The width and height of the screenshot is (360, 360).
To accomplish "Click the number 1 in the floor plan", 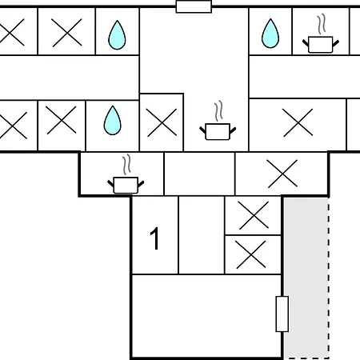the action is click(x=154, y=238).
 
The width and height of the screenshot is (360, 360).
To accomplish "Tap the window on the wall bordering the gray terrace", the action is click(x=282, y=314).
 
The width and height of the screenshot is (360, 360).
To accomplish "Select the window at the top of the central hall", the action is click(x=194, y=6).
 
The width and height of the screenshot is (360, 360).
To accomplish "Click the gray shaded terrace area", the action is click(x=306, y=278).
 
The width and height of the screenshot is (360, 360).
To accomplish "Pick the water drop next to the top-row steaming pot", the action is click(x=270, y=34).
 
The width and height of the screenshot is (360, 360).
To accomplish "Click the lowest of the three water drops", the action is click(x=112, y=120).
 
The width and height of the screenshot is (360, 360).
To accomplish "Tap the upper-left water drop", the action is click(x=117, y=34).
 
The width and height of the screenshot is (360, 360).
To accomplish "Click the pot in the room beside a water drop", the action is click(x=320, y=45).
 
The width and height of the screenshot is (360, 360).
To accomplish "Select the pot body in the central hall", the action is click(x=218, y=132).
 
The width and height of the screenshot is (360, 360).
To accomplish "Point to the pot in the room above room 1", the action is click(x=126, y=185).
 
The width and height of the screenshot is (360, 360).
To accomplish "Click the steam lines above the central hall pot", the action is click(x=218, y=111).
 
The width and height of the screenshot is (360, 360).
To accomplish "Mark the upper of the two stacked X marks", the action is click(x=254, y=215).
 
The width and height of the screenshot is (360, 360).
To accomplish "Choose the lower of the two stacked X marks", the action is click(x=251, y=254).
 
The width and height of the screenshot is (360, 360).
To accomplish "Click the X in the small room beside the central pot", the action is click(x=162, y=122).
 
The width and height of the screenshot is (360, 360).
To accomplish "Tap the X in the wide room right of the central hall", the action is click(x=298, y=122).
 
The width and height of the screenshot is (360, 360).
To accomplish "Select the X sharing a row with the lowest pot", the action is click(x=282, y=174).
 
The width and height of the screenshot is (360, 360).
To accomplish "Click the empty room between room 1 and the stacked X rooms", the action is click(x=202, y=235).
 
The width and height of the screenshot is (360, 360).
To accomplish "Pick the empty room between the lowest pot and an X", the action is click(x=199, y=174).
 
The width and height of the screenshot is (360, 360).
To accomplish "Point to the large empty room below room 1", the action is click(x=206, y=316).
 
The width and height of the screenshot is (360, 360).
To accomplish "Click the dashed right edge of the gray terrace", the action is click(x=329, y=278).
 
